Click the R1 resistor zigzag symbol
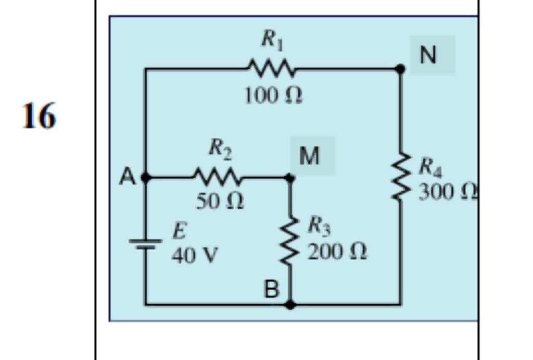point(271,68)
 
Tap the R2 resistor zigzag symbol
point(218,178)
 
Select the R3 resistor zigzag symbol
point(290,241)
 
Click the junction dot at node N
point(400,69)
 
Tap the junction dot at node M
point(290,178)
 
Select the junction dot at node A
point(146,178)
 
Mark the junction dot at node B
point(290,304)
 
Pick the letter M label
point(310,156)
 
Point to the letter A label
point(127,177)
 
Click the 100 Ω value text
point(273,96)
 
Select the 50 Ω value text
point(219,202)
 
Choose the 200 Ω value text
point(337,252)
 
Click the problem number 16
point(39,116)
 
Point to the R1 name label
point(272,40)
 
